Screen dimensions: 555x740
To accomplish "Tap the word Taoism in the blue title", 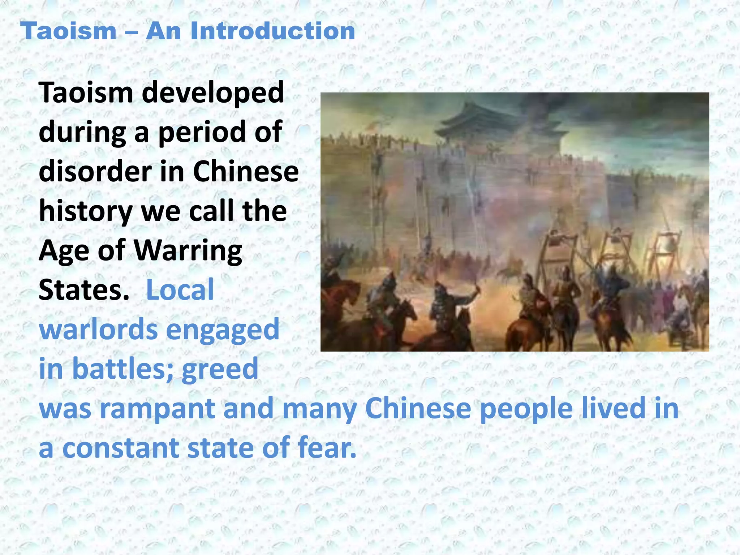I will [x=68, y=31].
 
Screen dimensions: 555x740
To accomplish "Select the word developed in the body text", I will [x=213, y=93].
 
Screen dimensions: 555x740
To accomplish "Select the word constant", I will [x=121, y=448].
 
